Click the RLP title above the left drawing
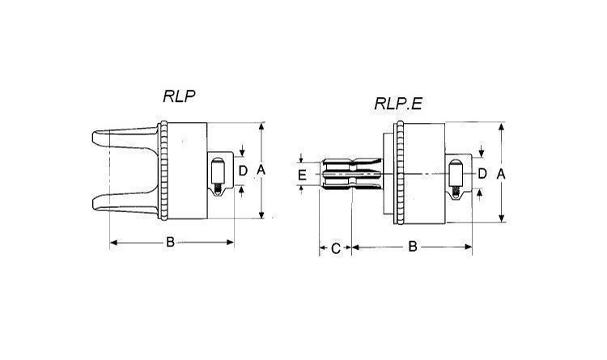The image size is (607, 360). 179,96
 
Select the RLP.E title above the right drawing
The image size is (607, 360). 398,104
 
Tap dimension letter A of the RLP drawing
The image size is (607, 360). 261,170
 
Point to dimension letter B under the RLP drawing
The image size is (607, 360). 170,243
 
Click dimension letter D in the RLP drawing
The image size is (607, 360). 243,171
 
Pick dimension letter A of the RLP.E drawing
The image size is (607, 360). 501,175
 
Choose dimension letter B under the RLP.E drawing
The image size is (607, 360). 413,246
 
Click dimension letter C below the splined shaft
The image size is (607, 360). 336,248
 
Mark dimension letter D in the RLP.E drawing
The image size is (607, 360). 482,174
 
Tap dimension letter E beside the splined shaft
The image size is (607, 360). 303,175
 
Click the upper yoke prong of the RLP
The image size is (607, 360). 124,138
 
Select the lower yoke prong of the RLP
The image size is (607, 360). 124,201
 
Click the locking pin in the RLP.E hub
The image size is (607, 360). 456,179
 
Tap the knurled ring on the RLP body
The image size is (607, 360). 163,171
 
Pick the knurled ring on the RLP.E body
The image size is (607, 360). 400,172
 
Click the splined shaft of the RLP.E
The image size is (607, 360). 351,174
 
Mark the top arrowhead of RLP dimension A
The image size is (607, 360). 261,127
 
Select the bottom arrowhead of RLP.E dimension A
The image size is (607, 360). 502,218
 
